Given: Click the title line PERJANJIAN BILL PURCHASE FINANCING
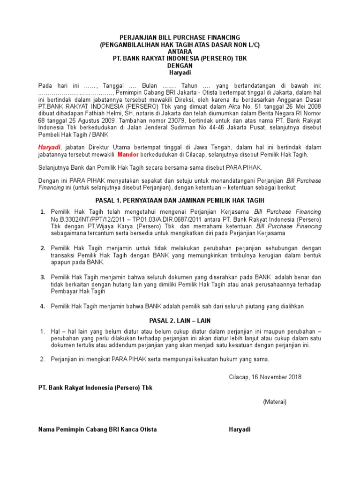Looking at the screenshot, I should click(x=180, y=37).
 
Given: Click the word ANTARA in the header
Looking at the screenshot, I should click(x=180, y=52).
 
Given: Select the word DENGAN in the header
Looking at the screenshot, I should click(x=180, y=66).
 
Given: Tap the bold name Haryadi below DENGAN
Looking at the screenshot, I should click(x=180, y=73).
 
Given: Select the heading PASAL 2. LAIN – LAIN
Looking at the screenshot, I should click(x=180, y=321).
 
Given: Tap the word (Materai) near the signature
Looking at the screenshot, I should click(x=275, y=402).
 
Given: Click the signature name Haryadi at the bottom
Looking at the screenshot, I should click(x=240, y=429).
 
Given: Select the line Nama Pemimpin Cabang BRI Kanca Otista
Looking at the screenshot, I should click(x=97, y=429).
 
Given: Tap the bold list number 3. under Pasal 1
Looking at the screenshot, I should click(x=42, y=277).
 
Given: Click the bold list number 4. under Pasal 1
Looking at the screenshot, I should click(x=42, y=306).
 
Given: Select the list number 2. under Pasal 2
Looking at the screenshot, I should click(x=42, y=360).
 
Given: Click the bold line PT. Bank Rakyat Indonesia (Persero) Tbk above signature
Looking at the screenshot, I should click(x=95, y=388).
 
